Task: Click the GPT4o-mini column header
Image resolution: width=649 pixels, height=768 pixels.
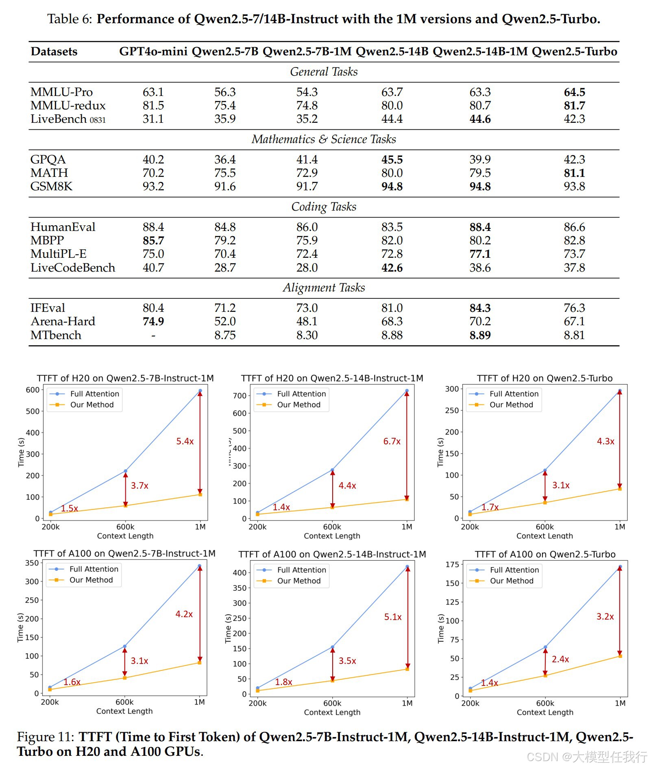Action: click(153, 52)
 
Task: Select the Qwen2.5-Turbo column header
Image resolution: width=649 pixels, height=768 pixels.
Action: click(574, 52)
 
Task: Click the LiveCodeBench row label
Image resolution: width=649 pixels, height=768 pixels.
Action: click(73, 268)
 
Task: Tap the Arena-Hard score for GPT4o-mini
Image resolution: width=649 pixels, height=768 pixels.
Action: click(153, 322)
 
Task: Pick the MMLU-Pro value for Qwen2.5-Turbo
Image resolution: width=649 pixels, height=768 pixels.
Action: click(574, 92)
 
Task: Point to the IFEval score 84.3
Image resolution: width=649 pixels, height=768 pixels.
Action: click(480, 308)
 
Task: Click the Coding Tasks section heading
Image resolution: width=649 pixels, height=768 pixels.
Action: click(324, 207)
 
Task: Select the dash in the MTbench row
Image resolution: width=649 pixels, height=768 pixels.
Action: click(153, 335)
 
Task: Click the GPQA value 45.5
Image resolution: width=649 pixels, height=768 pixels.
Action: click(392, 160)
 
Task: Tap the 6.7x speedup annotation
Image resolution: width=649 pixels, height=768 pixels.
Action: click(392, 442)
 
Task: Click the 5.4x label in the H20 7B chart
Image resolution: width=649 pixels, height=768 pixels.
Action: click(185, 442)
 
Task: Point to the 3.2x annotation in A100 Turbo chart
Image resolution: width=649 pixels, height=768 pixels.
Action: click(605, 617)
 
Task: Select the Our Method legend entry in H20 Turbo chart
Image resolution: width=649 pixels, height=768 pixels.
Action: click(511, 405)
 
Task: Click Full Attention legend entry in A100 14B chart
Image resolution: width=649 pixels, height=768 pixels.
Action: click(301, 570)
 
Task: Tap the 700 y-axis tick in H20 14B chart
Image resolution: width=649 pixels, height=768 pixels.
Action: click(240, 396)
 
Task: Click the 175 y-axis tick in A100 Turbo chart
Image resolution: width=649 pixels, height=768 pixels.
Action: click(452, 564)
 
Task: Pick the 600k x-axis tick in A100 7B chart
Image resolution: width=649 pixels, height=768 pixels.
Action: click(124, 702)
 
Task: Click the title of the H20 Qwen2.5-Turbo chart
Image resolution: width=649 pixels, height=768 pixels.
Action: click(544, 379)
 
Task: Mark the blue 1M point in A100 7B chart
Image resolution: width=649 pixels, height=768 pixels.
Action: click(200, 566)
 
